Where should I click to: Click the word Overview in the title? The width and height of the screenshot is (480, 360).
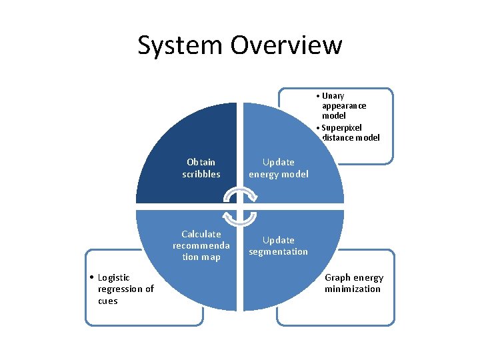(287, 45)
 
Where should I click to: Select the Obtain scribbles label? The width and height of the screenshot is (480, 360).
(201, 168)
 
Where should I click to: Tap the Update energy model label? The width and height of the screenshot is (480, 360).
(279, 168)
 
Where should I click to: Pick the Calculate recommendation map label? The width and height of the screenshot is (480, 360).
(201, 245)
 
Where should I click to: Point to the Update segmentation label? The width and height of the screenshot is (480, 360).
(279, 245)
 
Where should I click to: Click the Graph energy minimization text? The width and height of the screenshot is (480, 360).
(354, 283)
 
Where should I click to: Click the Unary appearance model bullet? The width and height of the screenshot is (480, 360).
(343, 105)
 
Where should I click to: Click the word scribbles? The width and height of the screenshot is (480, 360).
(201, 174)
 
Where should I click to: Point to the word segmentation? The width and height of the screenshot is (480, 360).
(279, 251)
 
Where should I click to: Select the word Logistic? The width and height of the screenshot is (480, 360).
(114, 277)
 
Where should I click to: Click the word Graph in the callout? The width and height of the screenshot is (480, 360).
(338, 277)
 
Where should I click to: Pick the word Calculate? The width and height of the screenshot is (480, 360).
(201, 234)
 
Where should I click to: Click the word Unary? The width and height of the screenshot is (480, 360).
(333, 96)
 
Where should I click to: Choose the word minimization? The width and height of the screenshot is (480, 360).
(353, 289)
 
